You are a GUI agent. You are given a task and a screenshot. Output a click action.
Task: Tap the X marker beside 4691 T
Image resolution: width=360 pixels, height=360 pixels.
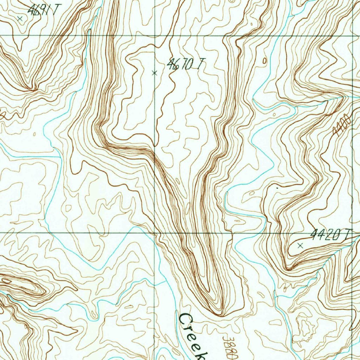click(x=20, y=19)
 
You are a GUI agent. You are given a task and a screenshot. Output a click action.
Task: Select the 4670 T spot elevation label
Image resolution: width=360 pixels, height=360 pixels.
click(x=185, y=64)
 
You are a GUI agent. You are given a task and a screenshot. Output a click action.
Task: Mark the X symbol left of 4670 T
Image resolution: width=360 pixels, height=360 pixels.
click(x=154, y=73)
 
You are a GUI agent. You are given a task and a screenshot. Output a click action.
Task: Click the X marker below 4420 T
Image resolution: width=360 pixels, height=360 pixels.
click(x=300, y=246)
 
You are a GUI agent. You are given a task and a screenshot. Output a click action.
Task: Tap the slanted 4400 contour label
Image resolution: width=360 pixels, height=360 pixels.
click(x=342, y=125)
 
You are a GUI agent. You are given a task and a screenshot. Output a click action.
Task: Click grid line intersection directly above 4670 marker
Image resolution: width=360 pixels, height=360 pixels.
click(x=155, y=36)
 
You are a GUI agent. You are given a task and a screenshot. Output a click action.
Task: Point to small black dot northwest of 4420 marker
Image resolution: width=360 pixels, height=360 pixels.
click(x=277, y=188)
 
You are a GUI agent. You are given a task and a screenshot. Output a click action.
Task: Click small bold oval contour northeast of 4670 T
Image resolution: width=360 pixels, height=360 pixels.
click(x=264, y=61)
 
